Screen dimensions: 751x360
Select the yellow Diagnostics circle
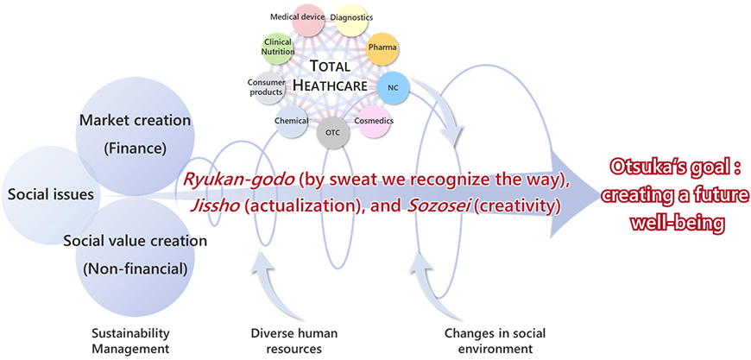point(351,19)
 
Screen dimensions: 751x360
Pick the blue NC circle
point(394,88)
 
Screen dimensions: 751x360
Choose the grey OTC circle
point(332,133)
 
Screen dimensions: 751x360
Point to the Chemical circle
point(292,122)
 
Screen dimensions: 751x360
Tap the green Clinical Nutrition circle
point(278,49)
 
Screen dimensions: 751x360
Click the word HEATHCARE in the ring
point(329,85)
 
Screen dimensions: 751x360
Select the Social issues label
point(51,194)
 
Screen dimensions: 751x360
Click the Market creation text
point(135,120)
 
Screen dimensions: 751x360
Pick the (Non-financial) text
point(135,269)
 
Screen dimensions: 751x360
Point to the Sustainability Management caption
point(130,340)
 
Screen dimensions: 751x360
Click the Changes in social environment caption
point(495,340)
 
